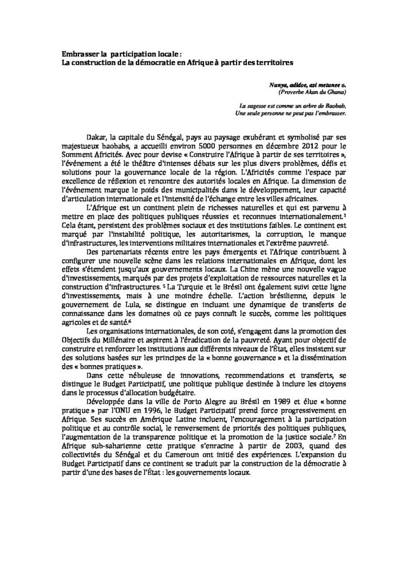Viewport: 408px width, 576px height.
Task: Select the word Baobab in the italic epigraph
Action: [334, 105]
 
